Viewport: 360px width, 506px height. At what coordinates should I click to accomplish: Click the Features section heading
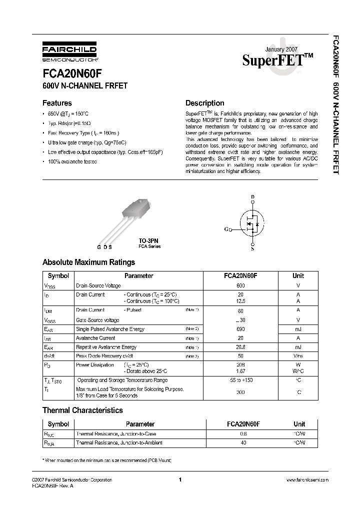[x=57, y=103]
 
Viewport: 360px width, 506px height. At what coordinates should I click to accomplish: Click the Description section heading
[x=205, y=103]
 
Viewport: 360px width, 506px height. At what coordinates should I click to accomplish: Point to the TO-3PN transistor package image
[x=130, y=220]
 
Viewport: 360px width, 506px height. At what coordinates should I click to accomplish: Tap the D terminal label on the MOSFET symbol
[x=252, y=196]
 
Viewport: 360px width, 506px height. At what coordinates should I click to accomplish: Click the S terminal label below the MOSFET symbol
[x=252, y=248]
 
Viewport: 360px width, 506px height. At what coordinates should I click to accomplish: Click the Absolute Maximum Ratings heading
[x=88, y=262]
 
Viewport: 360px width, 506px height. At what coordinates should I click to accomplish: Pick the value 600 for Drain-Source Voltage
[x=241, y=285]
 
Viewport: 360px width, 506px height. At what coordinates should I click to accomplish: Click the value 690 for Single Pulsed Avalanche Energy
[x=241, y=329]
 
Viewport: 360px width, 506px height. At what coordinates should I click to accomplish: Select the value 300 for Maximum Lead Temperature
[x=241, y=392]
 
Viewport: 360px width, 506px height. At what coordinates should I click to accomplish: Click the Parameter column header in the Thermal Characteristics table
[x=139, y=424]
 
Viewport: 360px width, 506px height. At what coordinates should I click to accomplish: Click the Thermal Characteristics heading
[x=82, y=410]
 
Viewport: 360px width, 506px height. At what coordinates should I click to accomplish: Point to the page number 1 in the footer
[x=179, y=480]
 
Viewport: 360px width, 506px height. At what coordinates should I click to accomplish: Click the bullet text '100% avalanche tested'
[x=72, y=162]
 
